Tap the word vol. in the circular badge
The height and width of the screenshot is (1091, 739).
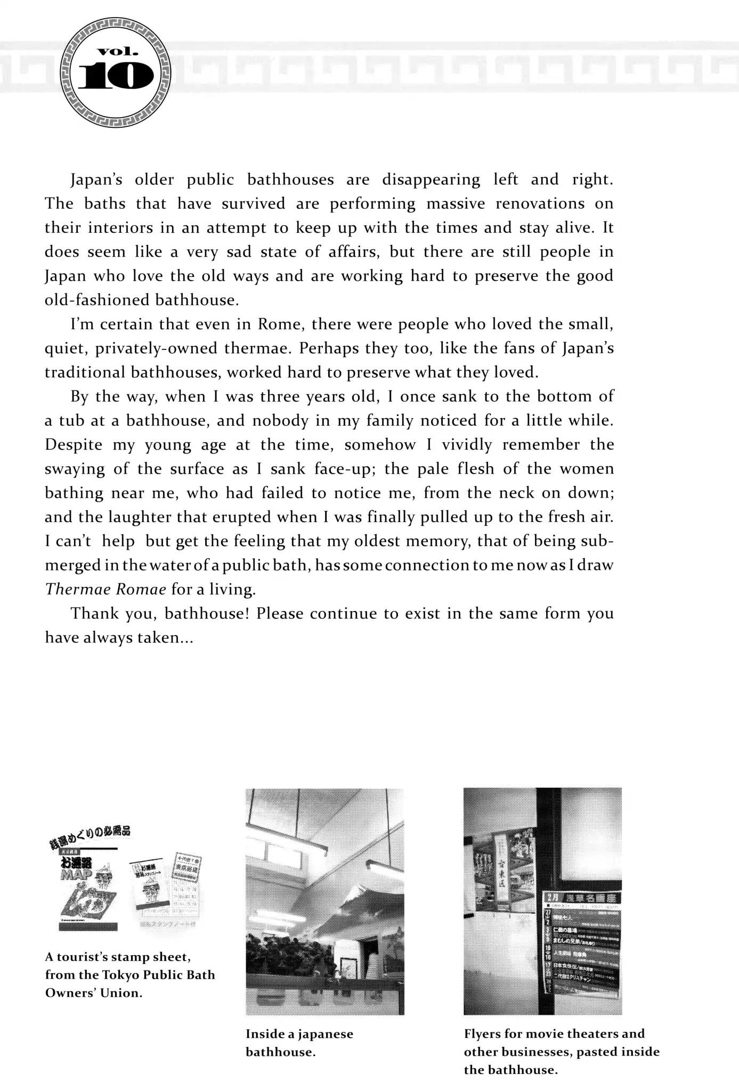click(117, 52)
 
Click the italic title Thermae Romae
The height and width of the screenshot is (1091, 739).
click(105, 589)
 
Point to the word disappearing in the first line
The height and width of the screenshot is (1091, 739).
click(431, 180)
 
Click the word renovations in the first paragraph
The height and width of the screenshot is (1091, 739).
click(539, 203)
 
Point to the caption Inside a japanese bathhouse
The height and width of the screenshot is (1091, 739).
click(299, 1043)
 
